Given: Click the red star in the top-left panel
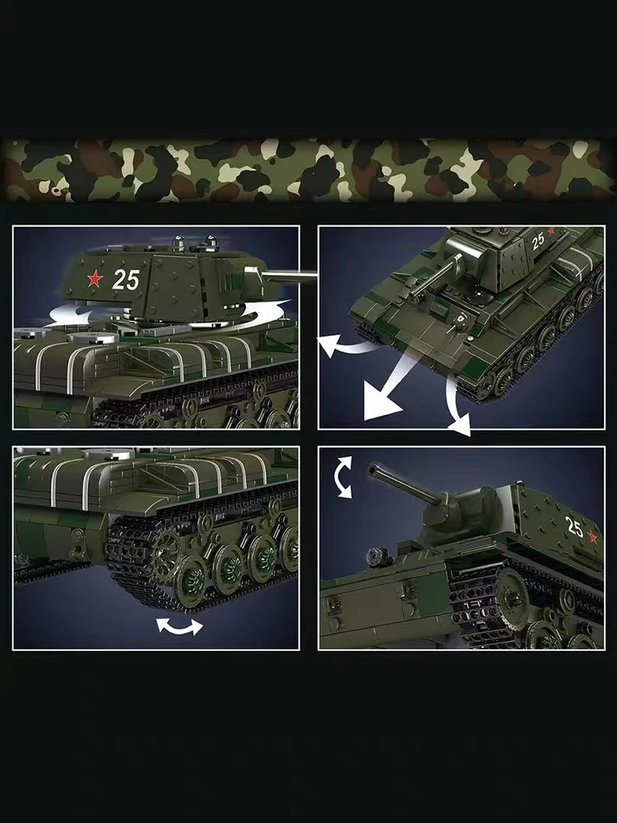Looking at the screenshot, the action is [95, 278].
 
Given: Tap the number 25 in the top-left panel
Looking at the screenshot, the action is [126, 280].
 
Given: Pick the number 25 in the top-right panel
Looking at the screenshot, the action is [538, 241].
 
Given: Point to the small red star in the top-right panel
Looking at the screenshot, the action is [550, 230].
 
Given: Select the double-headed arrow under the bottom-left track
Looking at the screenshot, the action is [179, 626].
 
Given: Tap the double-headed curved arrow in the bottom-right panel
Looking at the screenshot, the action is [343, 477].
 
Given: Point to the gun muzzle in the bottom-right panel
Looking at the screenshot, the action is [373, 470].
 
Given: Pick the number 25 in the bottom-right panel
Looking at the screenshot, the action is [573, 528].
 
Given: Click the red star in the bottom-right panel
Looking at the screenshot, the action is [593, 537].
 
